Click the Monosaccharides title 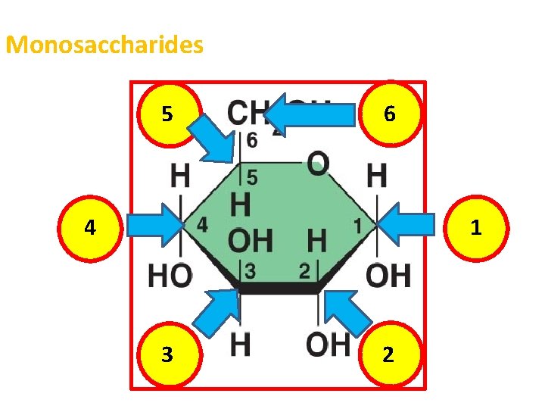click(104, 45)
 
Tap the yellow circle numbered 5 click(166, 114)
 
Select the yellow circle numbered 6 click(388, 114)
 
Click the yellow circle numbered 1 click(475, 227)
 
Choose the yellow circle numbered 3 click(166, 354)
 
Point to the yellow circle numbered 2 click(388, 354)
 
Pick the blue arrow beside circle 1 click(407, 225)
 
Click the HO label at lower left click(171, 276)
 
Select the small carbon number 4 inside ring click(203, 225)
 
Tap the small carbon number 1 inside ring click(357, 225)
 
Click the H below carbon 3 click(241, 345)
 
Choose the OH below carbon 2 click(327, 345)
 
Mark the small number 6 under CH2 click(252, 141)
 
